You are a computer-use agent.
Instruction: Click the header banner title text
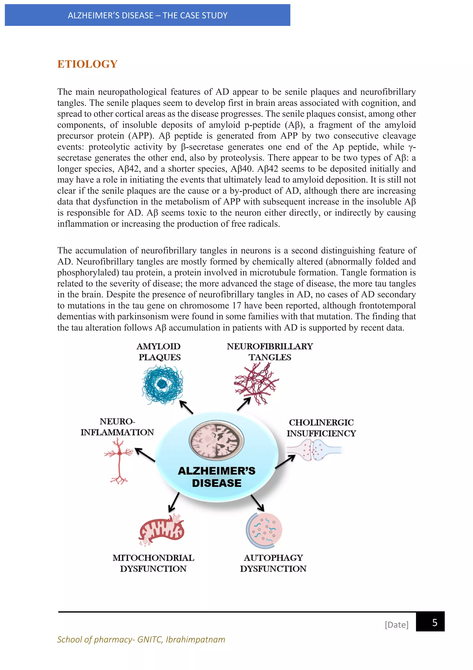coord(148,15)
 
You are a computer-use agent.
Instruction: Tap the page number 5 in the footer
coord(434,622)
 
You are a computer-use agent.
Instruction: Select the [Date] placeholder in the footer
coord(396,624)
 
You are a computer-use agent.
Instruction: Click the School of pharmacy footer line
coord(141,639)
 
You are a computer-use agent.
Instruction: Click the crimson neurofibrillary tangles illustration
coord(256,384)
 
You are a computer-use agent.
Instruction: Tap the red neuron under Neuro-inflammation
coord(119,461)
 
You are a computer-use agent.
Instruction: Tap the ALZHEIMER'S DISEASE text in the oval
coord(217,476)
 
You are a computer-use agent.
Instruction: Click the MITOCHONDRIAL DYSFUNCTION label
coord(153,563)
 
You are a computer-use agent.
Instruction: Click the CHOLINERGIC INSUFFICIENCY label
coord(321,428)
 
